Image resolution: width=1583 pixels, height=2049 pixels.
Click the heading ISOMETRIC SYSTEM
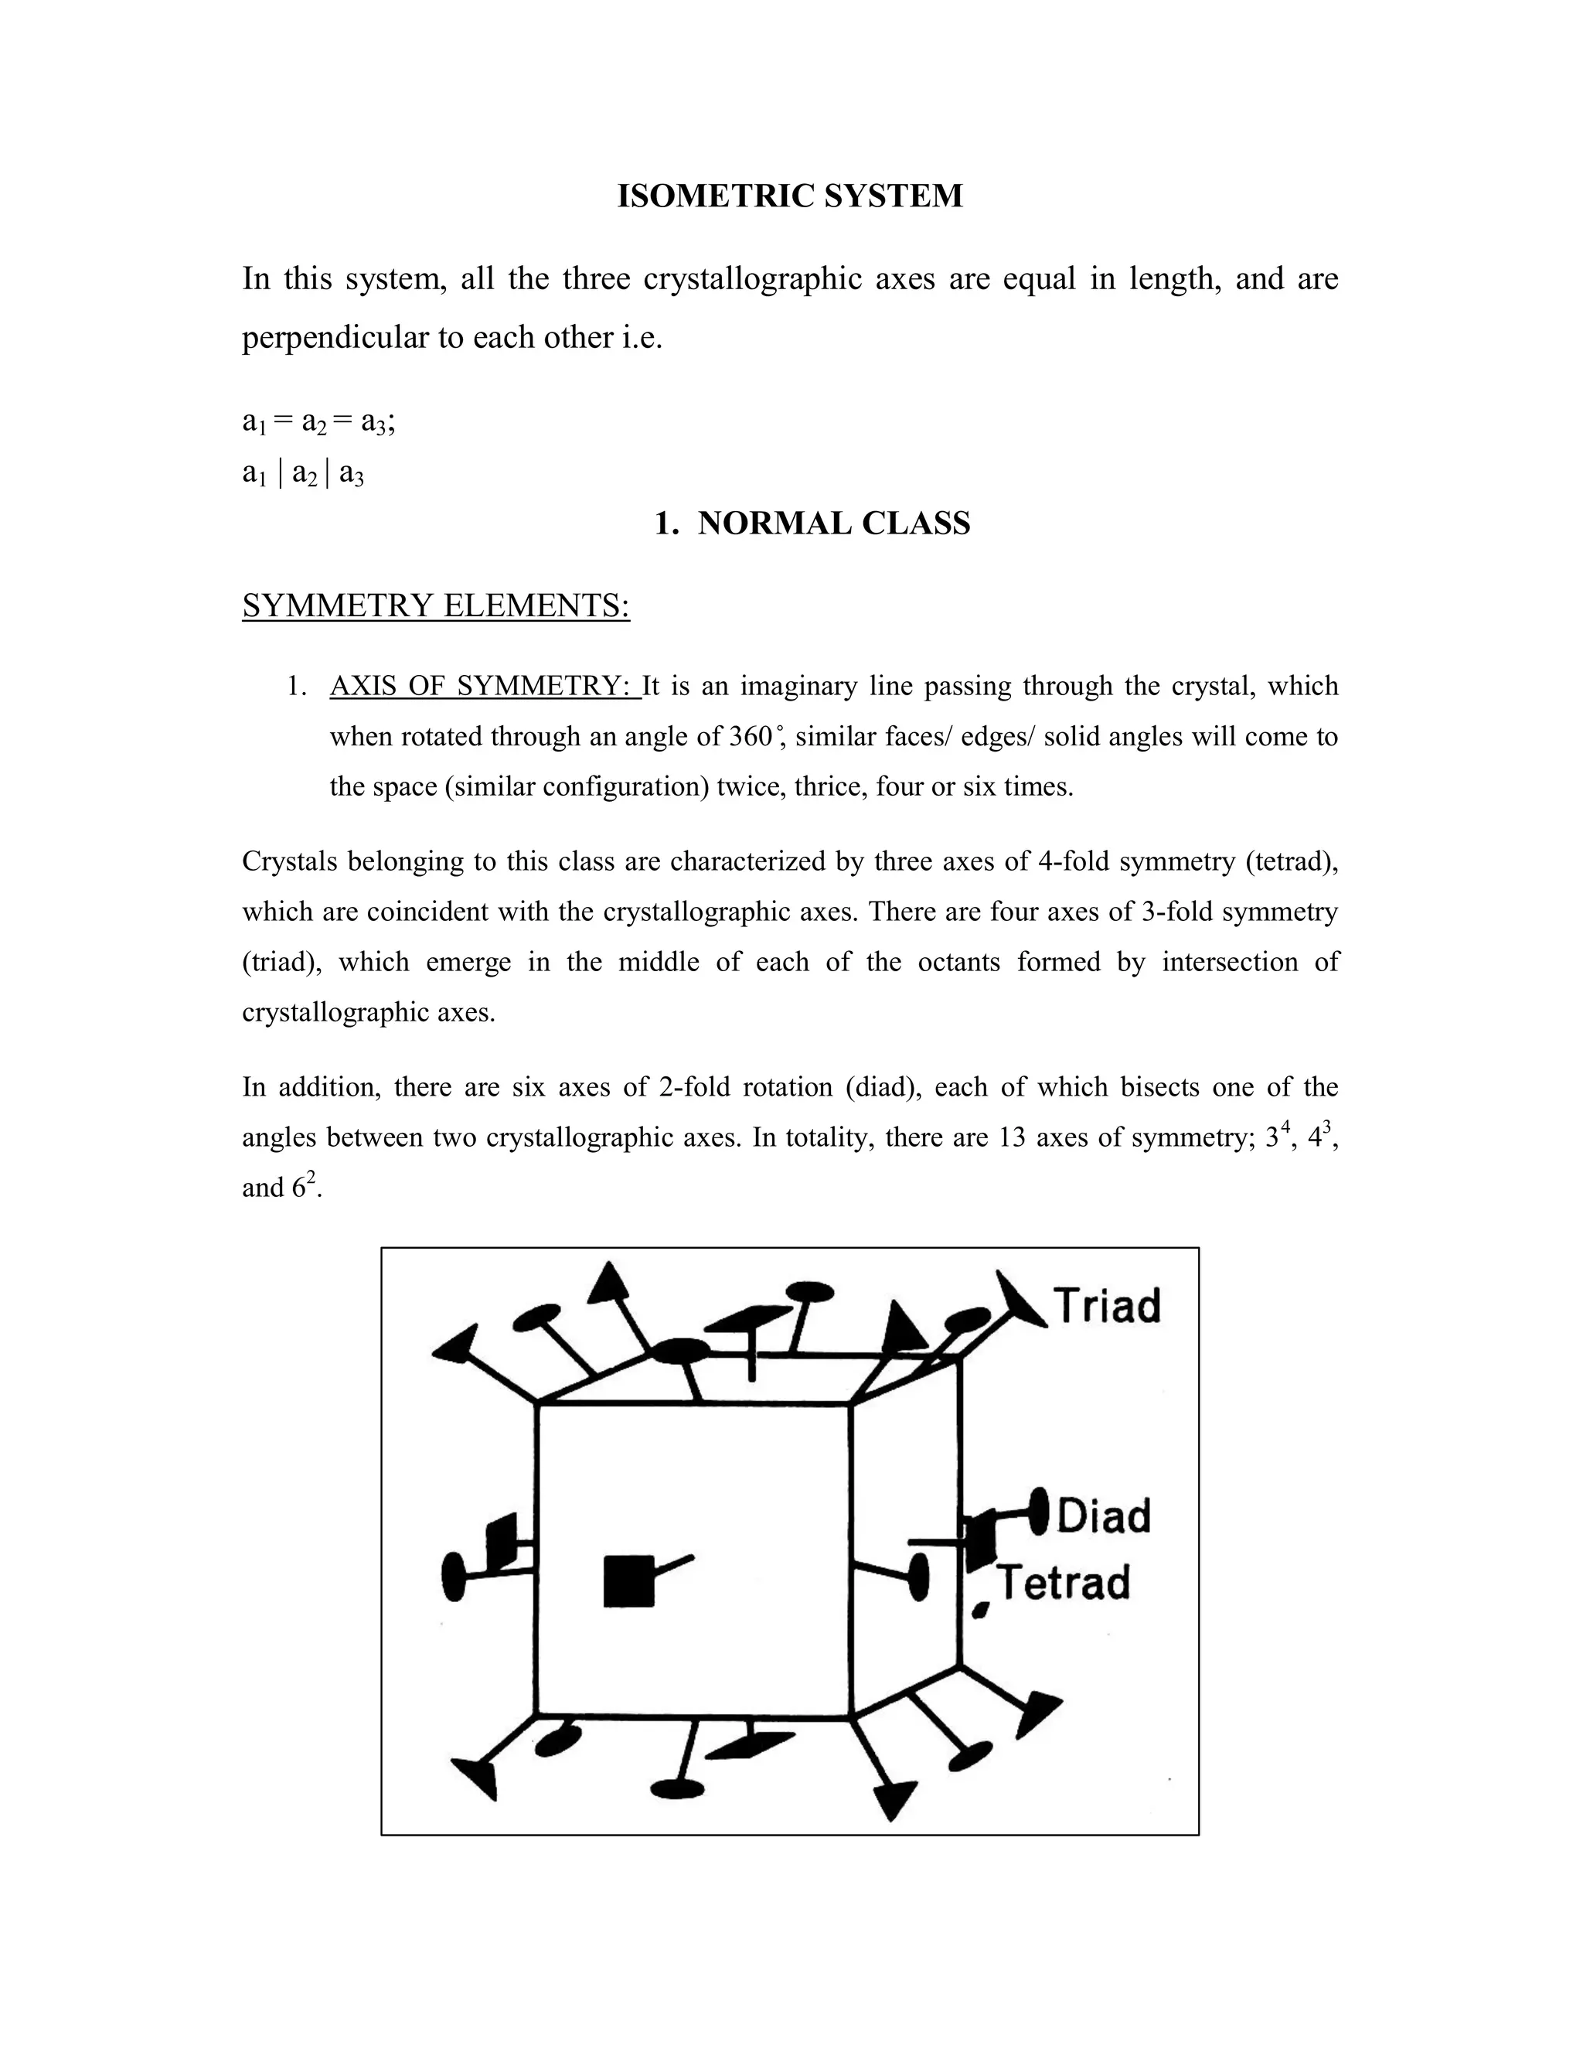point(790,196)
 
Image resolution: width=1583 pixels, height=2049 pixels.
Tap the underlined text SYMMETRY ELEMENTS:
point(435,606)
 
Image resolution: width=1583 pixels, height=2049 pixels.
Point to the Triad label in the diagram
point(1107,1306)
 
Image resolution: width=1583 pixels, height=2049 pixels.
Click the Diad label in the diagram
point(1104,1516)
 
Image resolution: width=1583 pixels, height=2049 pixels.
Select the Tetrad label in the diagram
point(1064,1583)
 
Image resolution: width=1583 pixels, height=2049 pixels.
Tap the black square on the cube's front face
point(628,1581)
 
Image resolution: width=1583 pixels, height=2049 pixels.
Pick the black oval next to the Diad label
point(1039,1512)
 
